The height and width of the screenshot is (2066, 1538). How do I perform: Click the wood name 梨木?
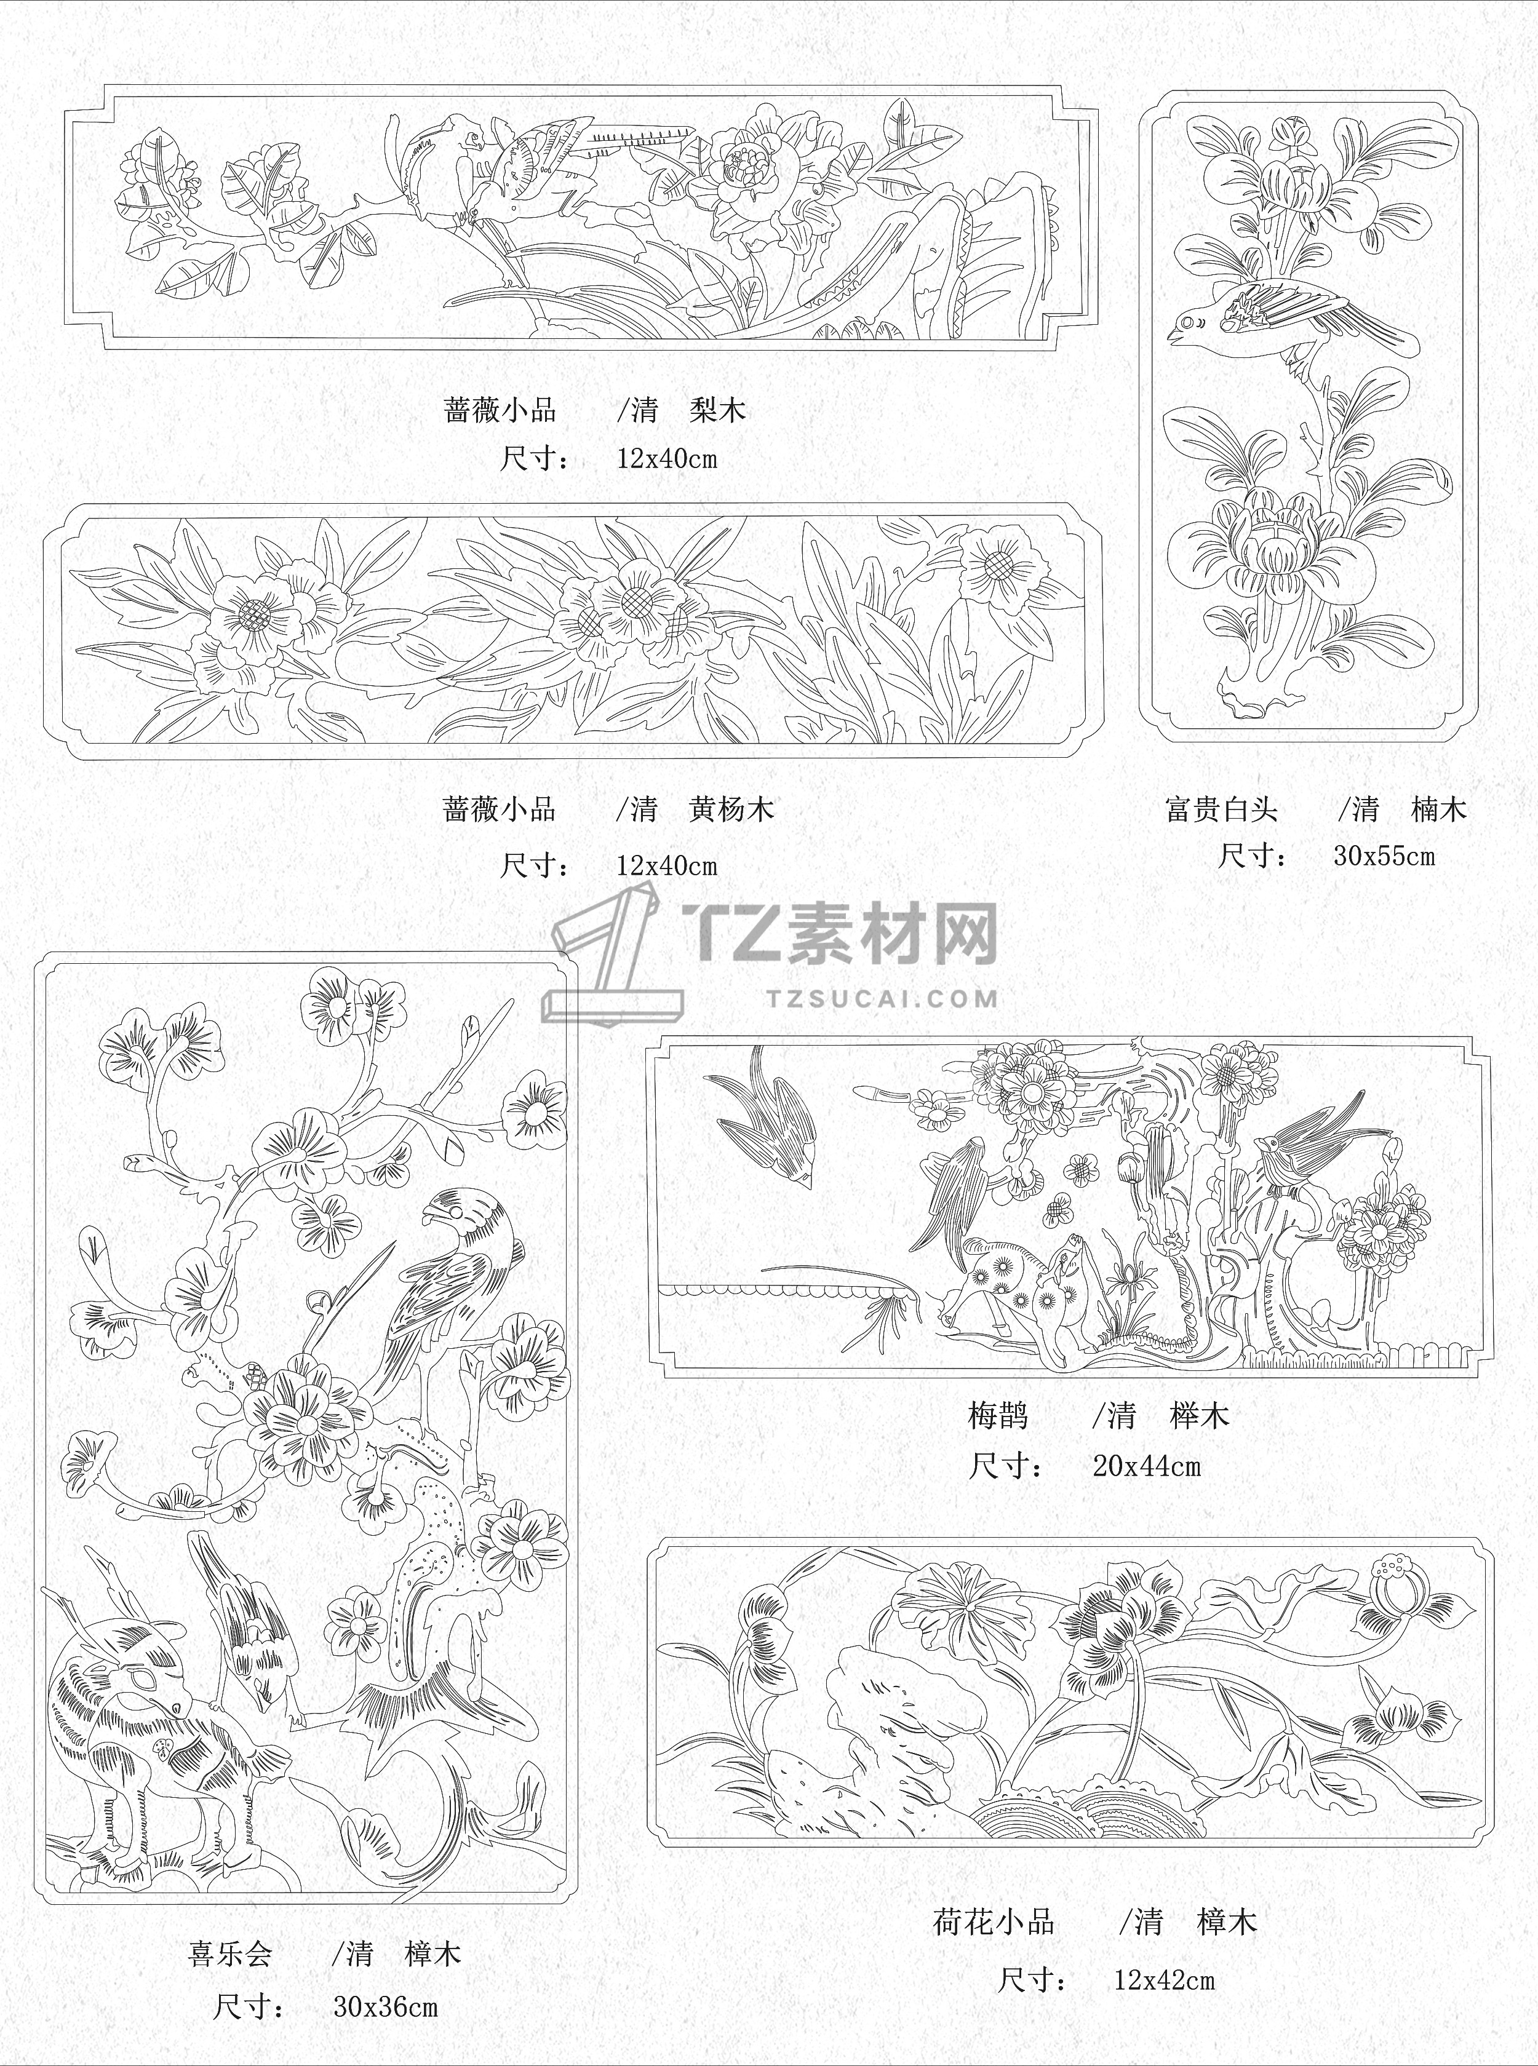click(x=718, y=410)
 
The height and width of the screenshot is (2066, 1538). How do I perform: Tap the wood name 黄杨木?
click(x=731, y=809)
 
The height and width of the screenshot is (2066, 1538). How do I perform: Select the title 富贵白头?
click(x=1221, y=809)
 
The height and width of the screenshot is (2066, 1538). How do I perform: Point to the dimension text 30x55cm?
click(x=1384, y=856)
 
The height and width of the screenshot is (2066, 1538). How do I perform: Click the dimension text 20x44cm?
click(x=1147, y=1467)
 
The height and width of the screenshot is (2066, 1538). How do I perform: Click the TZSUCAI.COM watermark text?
click(x=883, y=999)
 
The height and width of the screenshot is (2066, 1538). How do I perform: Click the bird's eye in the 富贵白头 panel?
click(x=1185, y=324)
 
